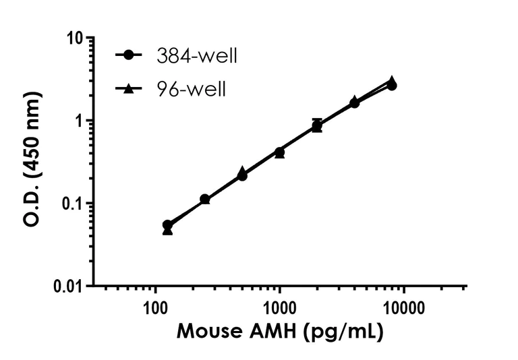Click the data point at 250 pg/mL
205,200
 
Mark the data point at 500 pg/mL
242,175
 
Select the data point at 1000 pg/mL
279,152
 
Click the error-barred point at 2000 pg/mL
317,125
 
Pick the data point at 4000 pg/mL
354,102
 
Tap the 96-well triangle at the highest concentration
391,80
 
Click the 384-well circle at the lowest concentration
168,224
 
